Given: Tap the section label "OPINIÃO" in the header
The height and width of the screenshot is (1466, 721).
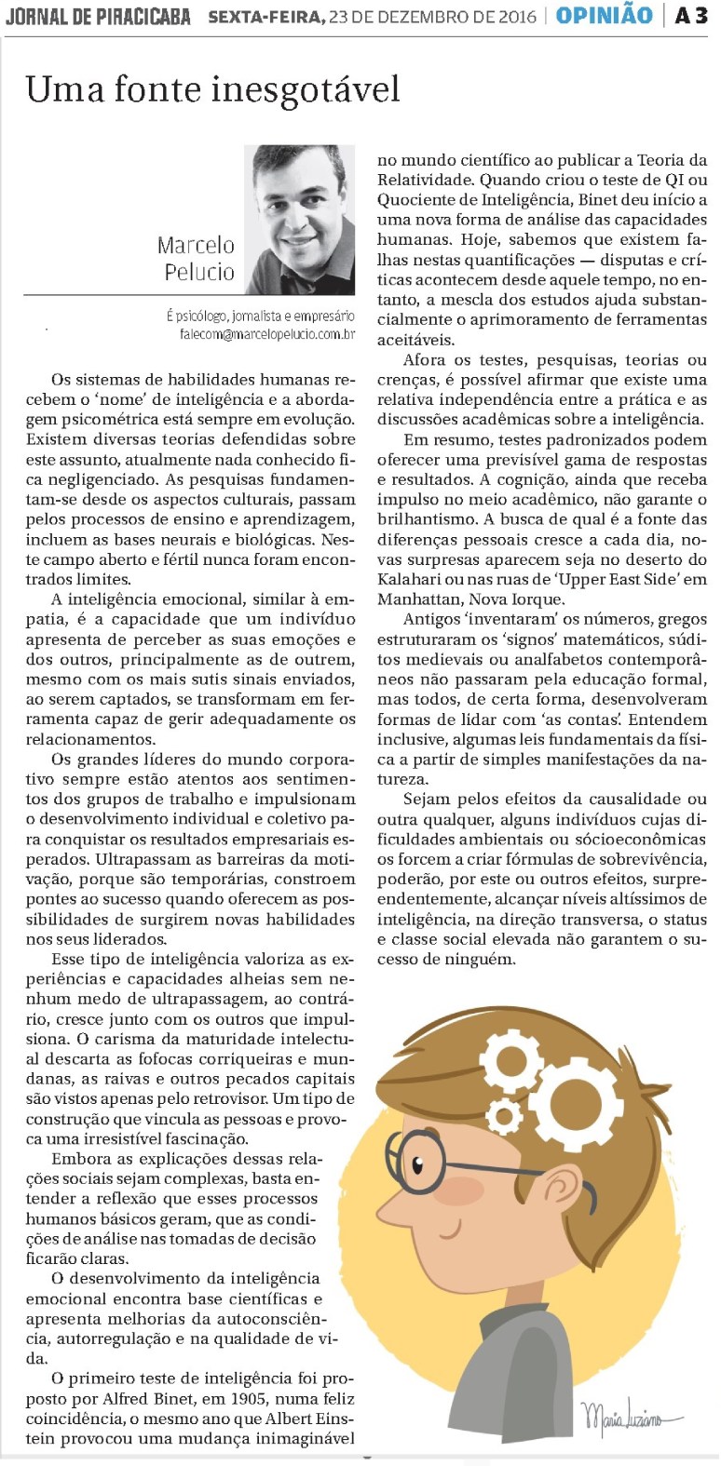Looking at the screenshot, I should click(604, 16).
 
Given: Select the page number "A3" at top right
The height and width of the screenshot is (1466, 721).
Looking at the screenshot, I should click(691, 16).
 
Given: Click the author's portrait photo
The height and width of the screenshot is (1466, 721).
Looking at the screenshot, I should click(299, 218).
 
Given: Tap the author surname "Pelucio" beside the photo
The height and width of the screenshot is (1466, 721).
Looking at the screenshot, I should click(199, 272).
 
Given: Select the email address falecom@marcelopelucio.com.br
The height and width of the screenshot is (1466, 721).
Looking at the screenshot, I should click(266, 334).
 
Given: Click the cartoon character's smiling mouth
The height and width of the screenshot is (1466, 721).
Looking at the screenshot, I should click(452, 1234).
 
